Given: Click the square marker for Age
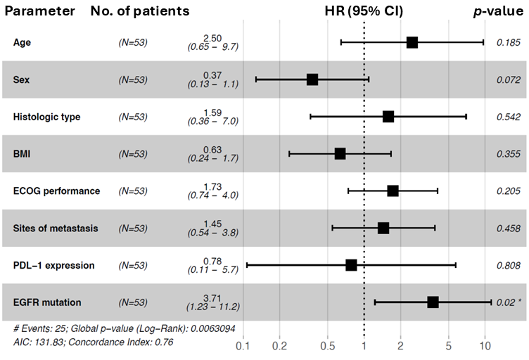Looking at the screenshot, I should tap(412, 43).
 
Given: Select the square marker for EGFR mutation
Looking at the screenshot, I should tap(433, 302).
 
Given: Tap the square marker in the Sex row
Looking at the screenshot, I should tap(312, 79).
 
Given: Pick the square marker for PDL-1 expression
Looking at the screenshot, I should tap(351, 265).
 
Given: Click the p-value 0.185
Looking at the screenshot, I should tap(508, 43).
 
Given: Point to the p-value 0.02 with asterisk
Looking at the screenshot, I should tap(508, 302).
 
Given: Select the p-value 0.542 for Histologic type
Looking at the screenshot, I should tap(508, 117).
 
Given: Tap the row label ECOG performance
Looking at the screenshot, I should tap(56, 191).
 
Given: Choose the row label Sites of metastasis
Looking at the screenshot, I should tap(56, 229).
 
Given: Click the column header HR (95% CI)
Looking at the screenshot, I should tap(364, 11).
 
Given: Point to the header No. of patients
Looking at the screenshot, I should tap(140, 11).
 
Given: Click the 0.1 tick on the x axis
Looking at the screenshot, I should tap(243, 347).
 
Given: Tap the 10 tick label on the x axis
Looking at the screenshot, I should tap(485, 347).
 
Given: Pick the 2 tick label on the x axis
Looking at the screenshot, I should tap(400, 347).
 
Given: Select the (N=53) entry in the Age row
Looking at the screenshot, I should tap(133, 43).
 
